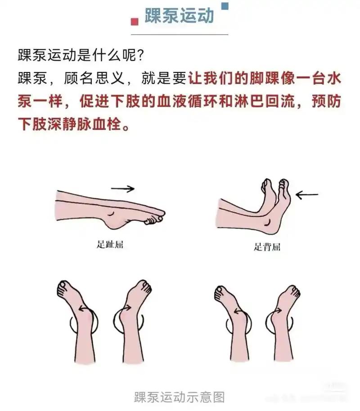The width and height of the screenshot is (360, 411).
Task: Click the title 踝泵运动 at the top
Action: [179, 16]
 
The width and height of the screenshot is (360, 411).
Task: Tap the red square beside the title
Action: [135, 22]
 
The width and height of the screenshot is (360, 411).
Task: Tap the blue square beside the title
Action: [225, 6]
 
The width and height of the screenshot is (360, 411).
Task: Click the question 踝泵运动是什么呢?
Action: [81, 55]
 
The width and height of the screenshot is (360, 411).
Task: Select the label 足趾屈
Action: [110, 244]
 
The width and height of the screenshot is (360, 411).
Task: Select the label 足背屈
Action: [267, 247]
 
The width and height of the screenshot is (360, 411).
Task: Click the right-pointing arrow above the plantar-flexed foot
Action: [123, 188]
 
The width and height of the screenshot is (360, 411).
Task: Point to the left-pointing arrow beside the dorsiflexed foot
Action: [307, 195]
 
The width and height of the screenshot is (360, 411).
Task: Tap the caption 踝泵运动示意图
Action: [180, 397]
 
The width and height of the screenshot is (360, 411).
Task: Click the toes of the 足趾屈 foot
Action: [155, 218]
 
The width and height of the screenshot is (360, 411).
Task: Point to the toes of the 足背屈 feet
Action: [275, 185]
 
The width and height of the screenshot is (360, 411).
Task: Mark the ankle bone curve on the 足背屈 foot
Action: [268, 223]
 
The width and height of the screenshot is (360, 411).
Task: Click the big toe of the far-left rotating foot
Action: [63, 285]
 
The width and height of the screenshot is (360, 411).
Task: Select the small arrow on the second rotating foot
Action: [125, 308]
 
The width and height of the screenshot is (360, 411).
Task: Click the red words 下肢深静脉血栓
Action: [70, 124]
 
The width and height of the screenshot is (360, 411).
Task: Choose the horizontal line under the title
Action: [180, 34]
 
